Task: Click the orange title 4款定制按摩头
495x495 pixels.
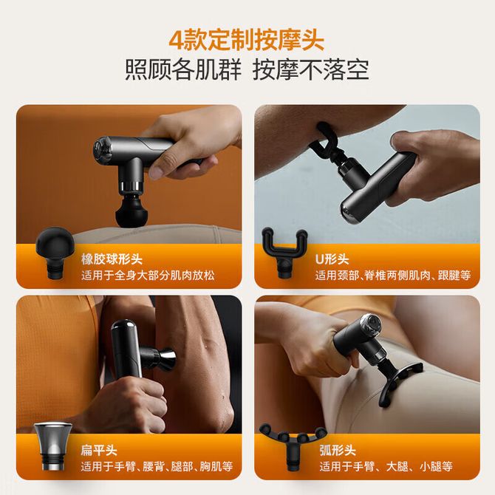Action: point(247,39)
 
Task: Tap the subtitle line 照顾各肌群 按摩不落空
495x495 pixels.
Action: point(247,69)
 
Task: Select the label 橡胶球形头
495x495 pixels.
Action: point(112,259)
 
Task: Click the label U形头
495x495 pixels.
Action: point(332,259)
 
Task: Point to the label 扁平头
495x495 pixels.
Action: point(99,450)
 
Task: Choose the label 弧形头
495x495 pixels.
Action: point(338,450)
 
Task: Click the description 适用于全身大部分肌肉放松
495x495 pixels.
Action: point(148,276)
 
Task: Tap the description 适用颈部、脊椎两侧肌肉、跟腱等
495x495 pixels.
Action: point(393,276)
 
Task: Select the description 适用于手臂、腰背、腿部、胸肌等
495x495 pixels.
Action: point(157,466)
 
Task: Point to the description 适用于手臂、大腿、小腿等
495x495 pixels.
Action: point(386,466)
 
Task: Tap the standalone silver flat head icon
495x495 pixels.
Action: point(53,447)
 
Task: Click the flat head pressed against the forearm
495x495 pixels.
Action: point(165,357)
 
